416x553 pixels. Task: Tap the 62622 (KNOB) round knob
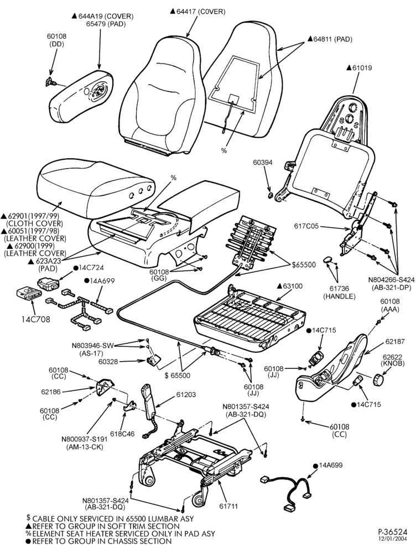[378, 379]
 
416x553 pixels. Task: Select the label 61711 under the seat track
[228, 506]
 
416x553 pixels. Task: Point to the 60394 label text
[263, 163]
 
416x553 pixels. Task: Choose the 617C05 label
[306, 226]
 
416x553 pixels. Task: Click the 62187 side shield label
[395, 341]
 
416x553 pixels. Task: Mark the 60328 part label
[108, 362]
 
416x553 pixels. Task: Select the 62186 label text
[51, 392]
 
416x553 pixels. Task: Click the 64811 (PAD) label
[330, 39]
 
